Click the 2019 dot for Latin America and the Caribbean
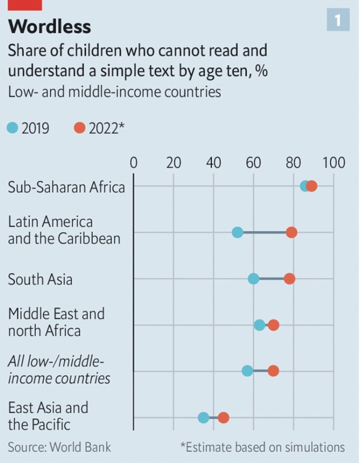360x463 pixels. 238,232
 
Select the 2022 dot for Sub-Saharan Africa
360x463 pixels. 312,186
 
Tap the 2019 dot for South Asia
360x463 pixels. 254,279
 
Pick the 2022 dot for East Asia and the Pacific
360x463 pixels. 223,418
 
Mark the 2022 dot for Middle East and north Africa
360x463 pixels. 274,325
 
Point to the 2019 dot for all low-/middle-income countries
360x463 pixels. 248,371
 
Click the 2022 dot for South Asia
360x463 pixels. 290,279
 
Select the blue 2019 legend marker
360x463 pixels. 13,128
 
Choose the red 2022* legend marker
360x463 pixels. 80,128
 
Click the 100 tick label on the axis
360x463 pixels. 333,162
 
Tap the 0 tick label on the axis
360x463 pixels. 133,162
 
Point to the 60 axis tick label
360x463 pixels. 254,162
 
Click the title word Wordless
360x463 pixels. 49,26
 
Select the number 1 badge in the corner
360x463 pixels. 338,19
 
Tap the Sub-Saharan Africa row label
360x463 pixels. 66,187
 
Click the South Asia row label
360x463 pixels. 40,279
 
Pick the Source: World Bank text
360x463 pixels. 60,446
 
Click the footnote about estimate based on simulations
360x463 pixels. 262,446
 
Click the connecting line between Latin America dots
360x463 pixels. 264,232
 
